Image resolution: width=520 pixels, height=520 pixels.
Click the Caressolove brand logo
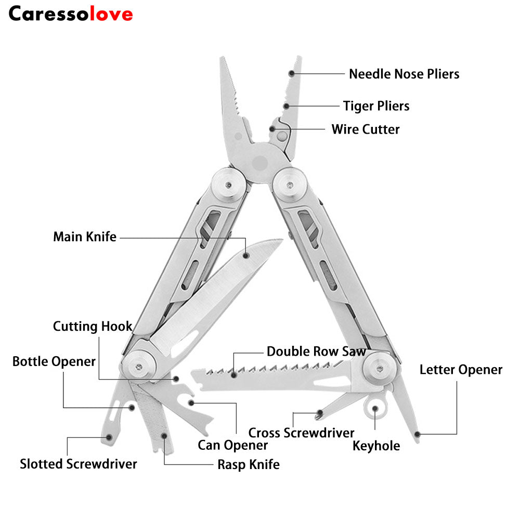click(71, 14)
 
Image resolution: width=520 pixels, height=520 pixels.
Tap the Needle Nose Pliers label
click(404, 74)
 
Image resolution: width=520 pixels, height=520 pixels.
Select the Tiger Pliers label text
click(376, 106)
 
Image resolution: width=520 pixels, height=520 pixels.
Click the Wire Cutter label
click(366, 129)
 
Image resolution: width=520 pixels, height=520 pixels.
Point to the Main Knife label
click(85, 237)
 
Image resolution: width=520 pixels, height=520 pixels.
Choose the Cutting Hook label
click(93, 327)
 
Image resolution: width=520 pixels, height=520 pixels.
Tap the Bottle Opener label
click(54, 361)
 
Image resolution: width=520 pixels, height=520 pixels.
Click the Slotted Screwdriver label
click(79, 464)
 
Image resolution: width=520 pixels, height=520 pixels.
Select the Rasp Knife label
click(248, 464)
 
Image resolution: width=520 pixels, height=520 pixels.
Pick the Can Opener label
click(233, 445)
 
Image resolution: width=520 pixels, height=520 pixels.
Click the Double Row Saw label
click(316, 352)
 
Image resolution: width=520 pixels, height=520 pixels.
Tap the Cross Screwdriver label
click(301, 433)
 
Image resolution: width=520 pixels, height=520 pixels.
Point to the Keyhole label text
click(376, 446)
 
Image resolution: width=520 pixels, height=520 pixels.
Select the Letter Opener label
click(461, 370)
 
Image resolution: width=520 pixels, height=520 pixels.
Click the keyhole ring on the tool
click(375, 408)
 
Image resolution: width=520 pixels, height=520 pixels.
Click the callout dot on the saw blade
click(235, 374)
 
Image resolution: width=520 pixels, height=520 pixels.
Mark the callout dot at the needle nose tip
click(292, 74)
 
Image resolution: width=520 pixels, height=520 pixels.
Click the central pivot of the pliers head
click(258, 162)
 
